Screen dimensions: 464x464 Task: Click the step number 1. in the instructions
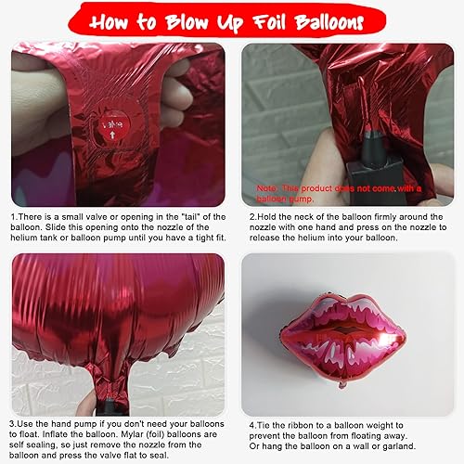coord(16,217)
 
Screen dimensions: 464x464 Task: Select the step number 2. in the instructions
coord(252,217)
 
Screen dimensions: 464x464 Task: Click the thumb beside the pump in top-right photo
coord(271,167)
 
